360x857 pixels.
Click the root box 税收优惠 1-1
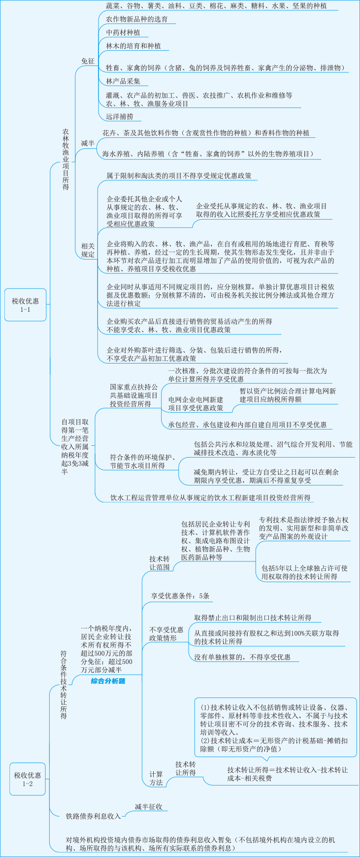coord(25,305)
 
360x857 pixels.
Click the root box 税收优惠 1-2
coord(27,779)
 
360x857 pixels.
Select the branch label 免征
coord(88,61)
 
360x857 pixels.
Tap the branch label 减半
coord(88,143)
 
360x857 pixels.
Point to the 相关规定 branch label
coord(88,250)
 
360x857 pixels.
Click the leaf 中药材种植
coord(123,33)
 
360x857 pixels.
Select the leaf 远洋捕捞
coord(120,117)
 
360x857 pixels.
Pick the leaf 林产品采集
coord(123,81)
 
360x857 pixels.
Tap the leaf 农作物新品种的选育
coord(137,19)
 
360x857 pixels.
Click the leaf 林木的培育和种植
coord(133,46)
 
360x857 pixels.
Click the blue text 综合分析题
coord(108,681)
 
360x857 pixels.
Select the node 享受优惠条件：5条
coord(180,596)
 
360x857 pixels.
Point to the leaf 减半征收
coord(148,807)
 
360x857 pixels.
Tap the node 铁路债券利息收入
coord(94,816)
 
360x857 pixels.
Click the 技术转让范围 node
coord(160,563)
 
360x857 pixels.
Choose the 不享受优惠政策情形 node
coord(166,634)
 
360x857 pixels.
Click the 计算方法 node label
coord(156,778)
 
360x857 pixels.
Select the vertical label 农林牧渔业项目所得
coord(65,160)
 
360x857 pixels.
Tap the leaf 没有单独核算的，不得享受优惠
coord(242,657)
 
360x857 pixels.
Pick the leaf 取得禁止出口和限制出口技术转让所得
coord(253,618)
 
